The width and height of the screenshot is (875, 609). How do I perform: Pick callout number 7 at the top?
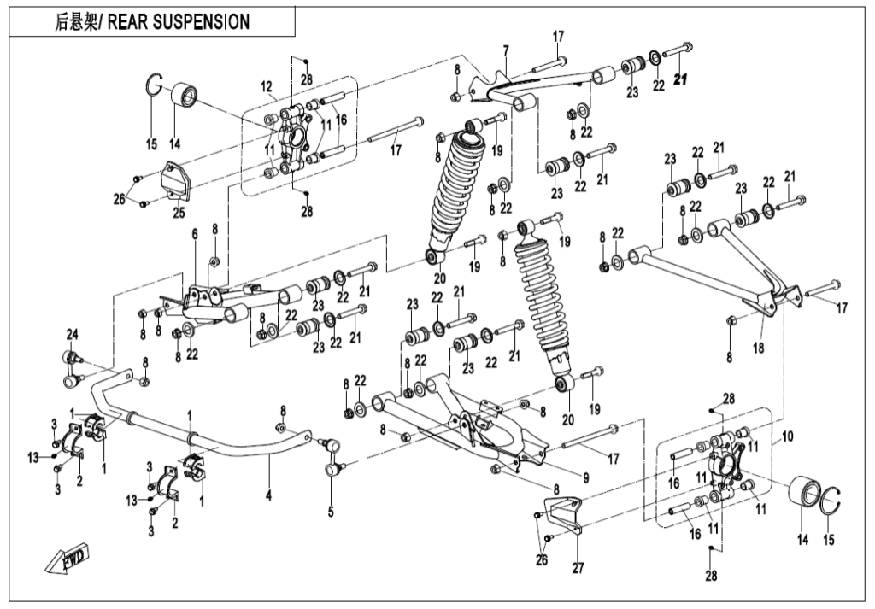[506, 50]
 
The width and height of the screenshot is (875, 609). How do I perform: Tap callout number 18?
[759, 349]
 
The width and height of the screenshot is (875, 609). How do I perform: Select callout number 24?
[73, 333]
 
